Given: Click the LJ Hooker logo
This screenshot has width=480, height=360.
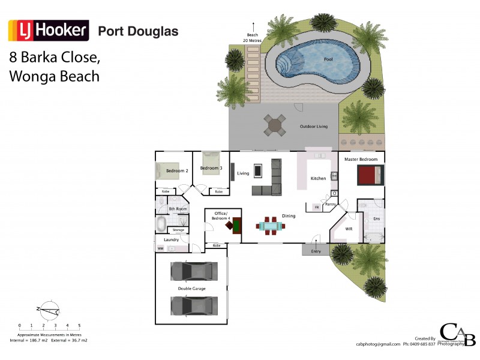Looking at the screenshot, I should coord(48,30).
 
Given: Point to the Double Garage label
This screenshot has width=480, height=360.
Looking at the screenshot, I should coord(191,289).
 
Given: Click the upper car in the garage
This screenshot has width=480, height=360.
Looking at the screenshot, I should coord(194,272).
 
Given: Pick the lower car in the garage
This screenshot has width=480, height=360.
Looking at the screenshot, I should coord(194,305).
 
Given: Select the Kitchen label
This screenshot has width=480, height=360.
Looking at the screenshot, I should coord(318,179).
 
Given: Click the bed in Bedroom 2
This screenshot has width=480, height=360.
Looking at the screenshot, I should coord(167,171).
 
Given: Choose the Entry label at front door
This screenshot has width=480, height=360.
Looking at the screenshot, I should coord(316,251).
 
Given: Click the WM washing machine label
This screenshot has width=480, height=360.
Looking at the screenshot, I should coord(161,248).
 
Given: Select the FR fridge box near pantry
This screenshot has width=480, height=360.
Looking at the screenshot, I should coord(316,207).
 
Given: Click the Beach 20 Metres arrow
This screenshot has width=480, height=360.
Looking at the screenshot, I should coord(253,27).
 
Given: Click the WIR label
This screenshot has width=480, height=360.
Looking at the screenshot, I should coord(349,229).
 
